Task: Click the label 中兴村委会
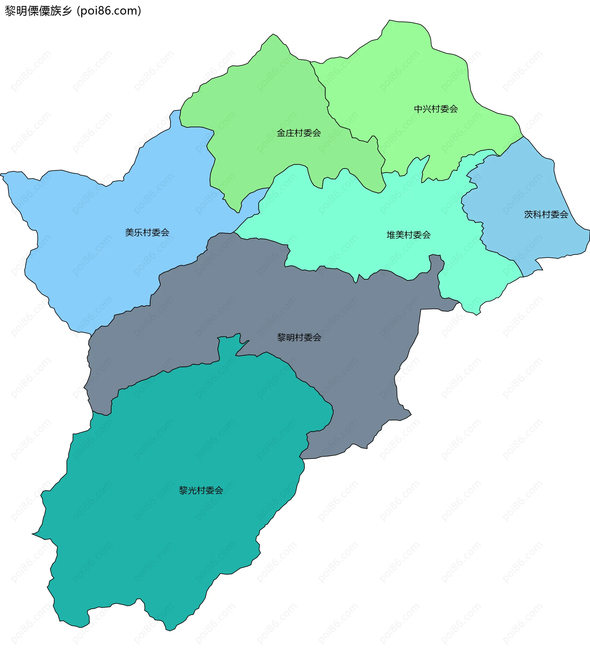[436, 109]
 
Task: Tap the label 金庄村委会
[299, 133]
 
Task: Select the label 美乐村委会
[147, 232]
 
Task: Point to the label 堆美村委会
[408, 235]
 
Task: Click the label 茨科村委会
[546, 214]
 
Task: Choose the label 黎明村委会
[299, 337]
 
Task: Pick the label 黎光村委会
[201, 490]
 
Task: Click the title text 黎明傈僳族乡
[38, 11]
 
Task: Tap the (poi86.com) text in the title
[109, 11]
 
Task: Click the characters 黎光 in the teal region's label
[188, 490]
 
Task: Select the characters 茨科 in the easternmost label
[533, 214]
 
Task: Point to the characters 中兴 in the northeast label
[423, 109]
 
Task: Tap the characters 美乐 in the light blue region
[134, 232]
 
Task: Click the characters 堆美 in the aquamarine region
[395, 235]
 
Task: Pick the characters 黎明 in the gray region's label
[286, 337]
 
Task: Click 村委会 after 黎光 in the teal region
[210, 490]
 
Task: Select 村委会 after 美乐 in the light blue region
[156, 232]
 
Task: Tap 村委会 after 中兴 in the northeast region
[445, 109]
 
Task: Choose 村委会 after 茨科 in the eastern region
[555, 214]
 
